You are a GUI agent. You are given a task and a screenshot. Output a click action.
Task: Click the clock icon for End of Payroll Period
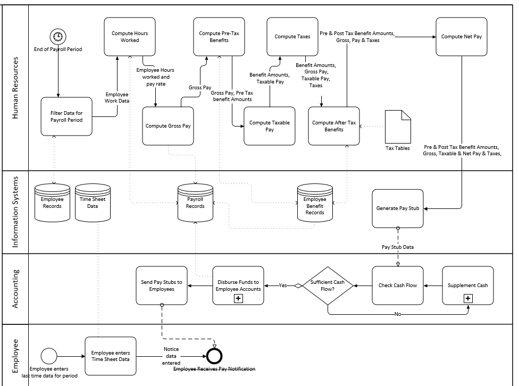click(57, 37)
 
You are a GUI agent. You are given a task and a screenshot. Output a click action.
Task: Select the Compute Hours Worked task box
click(130, 37)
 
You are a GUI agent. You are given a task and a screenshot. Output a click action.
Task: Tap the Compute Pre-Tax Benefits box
click(218, 37)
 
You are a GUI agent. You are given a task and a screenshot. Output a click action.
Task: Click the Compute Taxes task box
click(292, 37)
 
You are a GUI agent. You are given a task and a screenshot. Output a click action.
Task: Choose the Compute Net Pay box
click(461, 37)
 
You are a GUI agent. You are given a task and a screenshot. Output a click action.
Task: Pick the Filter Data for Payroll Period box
click(66, 116)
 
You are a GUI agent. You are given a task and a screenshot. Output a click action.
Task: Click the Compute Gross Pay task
click(168, 126)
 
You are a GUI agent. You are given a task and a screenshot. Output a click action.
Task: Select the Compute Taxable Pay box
click(269, 126)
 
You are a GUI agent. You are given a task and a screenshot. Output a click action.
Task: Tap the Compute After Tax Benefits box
click(333, 126)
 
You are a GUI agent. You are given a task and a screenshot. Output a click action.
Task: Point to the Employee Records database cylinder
click(52, 203)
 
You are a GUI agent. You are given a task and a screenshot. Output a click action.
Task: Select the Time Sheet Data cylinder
click(92, 203)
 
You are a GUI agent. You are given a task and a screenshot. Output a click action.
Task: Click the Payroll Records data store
click(195, 203)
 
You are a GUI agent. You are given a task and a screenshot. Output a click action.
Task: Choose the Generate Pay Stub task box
click(398, 208)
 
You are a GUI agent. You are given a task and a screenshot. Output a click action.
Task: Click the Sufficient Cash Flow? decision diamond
click(328, 286)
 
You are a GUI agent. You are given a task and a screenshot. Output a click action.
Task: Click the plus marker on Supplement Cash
click(468, 299)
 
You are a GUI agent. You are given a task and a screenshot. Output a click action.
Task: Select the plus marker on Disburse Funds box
click(238, 299)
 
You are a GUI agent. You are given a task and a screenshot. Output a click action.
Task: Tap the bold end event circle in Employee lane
click(214, 356)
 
